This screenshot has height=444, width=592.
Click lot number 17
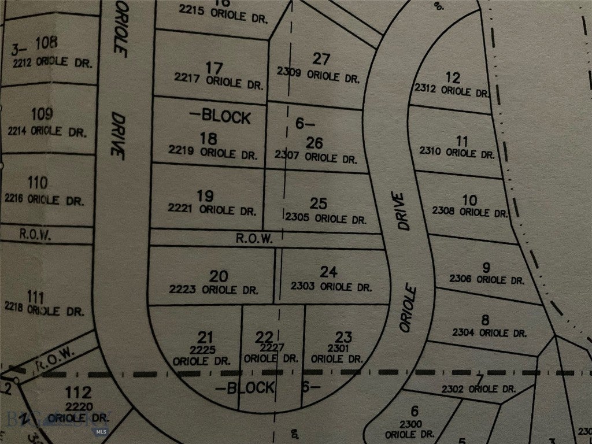pos(214,68)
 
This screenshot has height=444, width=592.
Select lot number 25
pos(319,203)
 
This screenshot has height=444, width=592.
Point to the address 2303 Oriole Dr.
pos(331,286)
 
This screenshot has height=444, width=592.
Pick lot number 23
pos(343,336)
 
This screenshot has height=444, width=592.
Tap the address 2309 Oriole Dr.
pos(318,75)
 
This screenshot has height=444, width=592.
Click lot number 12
pos(453,77)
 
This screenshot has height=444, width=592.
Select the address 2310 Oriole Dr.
pos(457,154)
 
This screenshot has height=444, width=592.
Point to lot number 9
pos(486,267)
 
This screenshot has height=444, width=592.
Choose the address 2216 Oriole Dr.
pos(45,201)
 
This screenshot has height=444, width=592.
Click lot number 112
pos(79,393)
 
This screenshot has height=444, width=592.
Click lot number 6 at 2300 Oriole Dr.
pos(414,411)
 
